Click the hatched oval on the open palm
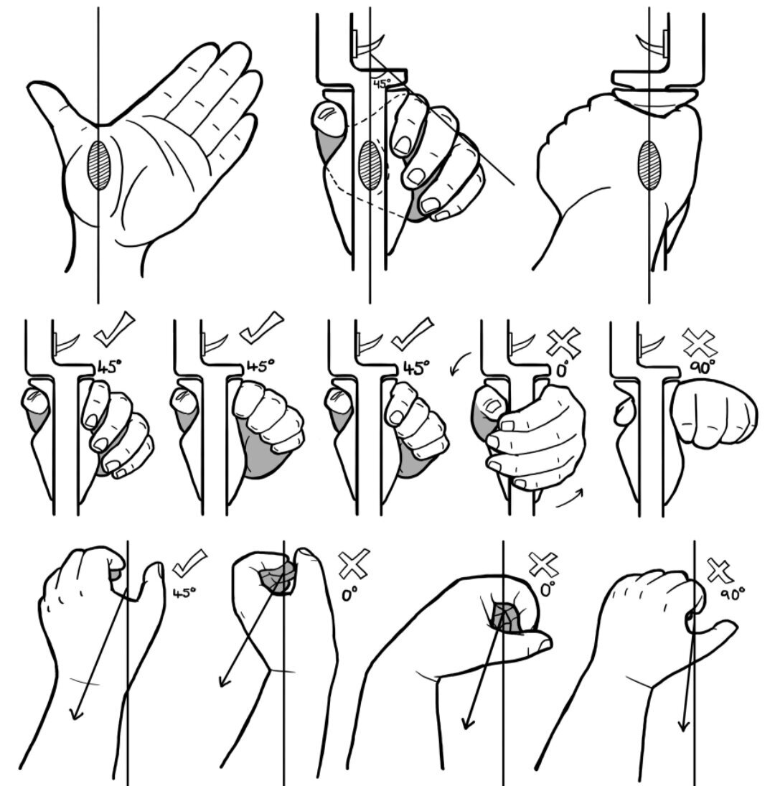pos(99,165)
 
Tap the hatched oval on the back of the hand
pos(649,165)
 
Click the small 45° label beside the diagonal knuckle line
pos(382,83)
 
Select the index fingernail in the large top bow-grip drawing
pos(403,146)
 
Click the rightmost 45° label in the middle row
pos(416,368)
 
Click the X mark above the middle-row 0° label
pos(563,343)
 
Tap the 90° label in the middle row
pos(702,368)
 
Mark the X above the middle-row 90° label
pos(700,343)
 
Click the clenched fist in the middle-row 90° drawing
pos(713,413)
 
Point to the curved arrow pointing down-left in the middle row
pos(459,364)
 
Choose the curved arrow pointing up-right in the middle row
pos(570,499)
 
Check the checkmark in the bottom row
pos(189,563)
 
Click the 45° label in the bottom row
pos(184,593)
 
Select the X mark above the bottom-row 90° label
pos(720,571)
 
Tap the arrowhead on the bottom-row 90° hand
pos(684,726)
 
